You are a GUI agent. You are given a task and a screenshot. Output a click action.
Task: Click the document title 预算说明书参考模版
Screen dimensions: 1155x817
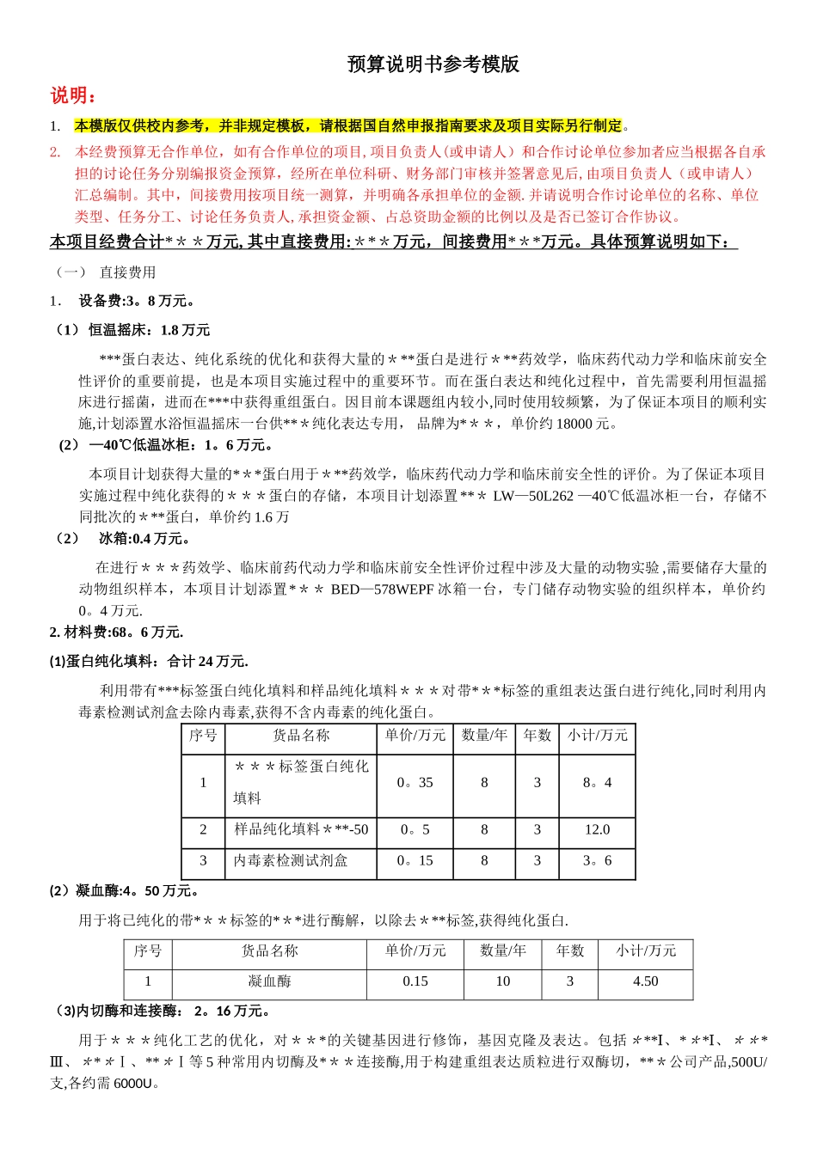pos(433,64)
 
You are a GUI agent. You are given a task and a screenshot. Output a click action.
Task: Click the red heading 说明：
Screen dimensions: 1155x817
pos(73,95)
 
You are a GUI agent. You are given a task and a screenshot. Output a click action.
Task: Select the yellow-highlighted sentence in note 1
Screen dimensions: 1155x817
pos(348,126)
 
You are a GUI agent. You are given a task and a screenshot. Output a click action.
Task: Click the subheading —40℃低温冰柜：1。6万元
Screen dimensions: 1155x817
pos(167,445)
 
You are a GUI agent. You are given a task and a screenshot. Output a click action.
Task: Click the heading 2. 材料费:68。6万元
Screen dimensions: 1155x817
pos(116,632)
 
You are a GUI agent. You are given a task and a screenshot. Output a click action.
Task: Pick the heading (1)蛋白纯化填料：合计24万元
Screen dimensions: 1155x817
pos(149,662)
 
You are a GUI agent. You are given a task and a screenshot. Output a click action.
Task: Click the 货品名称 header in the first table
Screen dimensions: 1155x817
pos(301,736)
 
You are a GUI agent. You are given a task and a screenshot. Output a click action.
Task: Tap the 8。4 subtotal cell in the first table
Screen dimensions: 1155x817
pos(597,783)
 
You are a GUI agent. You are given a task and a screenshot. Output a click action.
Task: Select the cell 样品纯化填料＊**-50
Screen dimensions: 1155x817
pos(301,830)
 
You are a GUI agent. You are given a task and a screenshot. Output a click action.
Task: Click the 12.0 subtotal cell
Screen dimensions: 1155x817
pos(597,830)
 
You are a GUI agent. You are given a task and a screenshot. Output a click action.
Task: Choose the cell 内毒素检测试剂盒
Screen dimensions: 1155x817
pos(291,861)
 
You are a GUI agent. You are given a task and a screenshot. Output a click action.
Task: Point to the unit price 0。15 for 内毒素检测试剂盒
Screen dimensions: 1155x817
pos(415,861)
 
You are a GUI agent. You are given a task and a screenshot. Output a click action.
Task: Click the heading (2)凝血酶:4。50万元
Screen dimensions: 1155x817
pos(125,891)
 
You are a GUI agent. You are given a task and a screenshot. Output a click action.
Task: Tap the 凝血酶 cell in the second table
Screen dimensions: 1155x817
pos(269,981)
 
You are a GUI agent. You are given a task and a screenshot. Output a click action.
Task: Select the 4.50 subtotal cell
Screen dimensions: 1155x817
pos(645,981)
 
